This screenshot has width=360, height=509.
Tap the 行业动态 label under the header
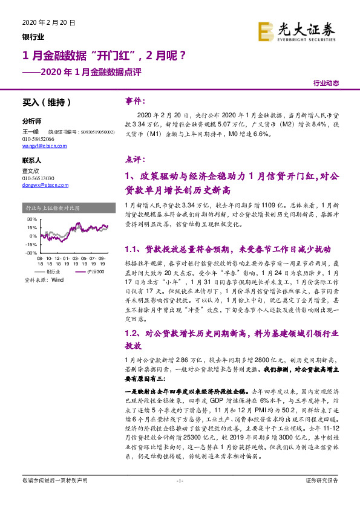[326, 83]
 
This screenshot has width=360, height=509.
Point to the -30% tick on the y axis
[30, 253]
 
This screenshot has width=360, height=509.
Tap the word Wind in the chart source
[57, 280]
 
